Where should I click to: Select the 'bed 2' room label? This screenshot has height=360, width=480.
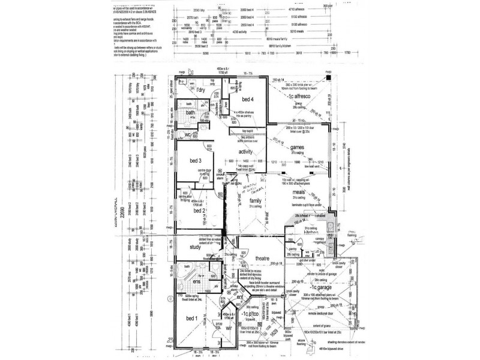[200, 211]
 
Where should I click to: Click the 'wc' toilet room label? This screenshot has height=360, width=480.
[188, 134]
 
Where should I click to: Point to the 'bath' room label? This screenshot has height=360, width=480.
[191, 113]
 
